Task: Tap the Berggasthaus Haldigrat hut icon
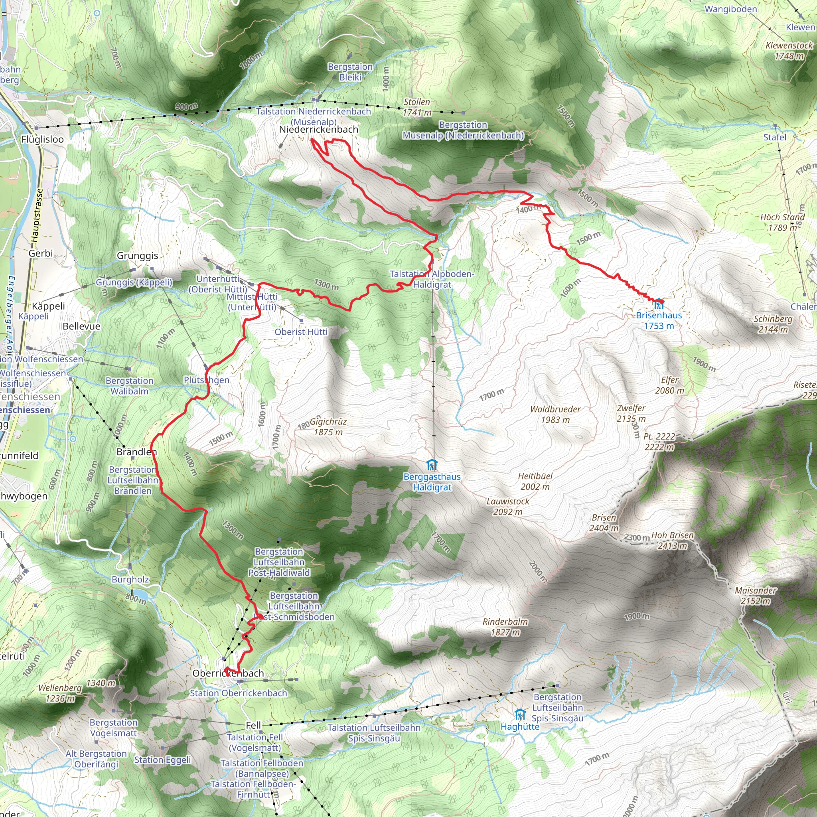pyautogui.click(x=432, y=465)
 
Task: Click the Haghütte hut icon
pyautogui.click(x=520, y=714)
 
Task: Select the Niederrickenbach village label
pyautogui.click(x=318, y=129)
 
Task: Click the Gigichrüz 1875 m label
pyautogui.click(x=328, y=427)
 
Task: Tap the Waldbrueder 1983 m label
pyautogui.click(x=555, y=414)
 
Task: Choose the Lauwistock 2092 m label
pyautogui.click(x=508, y=507)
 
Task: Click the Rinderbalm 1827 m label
pyautogui.click(x=505, y=627)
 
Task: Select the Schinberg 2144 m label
pyautogui.click(x=773, y=324)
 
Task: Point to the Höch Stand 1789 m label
pyautogui.click(x=782, y=223)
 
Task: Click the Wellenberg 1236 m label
pyautogui.click(x=60, y=693)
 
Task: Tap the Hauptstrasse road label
pyautogui.click(x=37, y=216)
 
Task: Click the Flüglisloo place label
pyautogui.click(x=42, y=140)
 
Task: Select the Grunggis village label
pyautogui.click(x=138, y=255)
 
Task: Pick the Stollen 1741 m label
pyautogui.click(x=417, y=107)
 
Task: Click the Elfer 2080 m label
pyautogui.click(x=669, y=385)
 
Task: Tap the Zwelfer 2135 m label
pyautogui.click(x=631, y=413)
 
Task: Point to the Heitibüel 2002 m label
pyautogui.click(x=535, y=481)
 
